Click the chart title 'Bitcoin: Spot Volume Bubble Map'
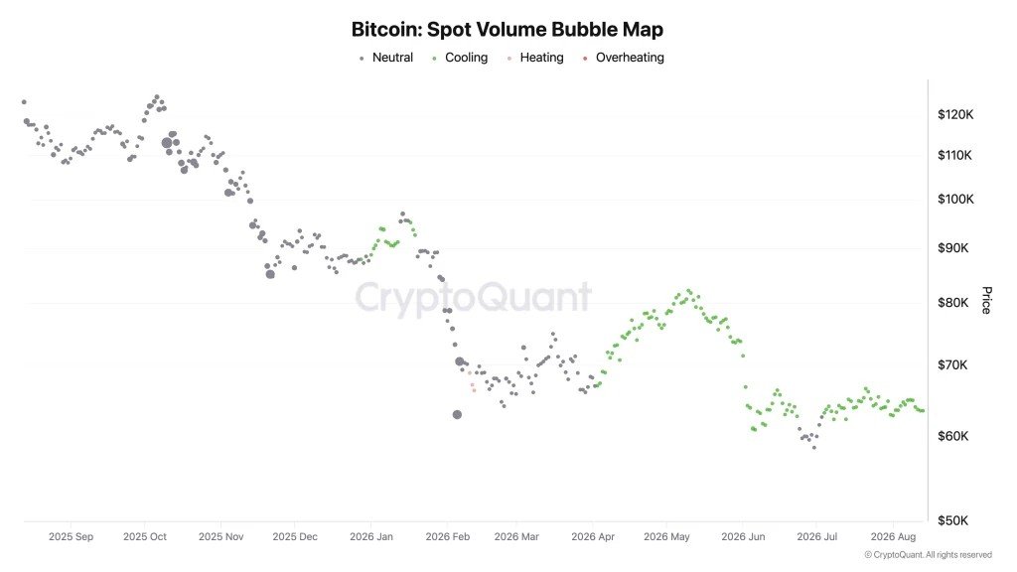point(508,29)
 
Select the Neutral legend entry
point(386,58)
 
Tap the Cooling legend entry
point(460,58)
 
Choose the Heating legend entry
point(535,58)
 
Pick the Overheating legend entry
point(624,58)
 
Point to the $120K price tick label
point(955,115)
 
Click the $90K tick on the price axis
point(952,248)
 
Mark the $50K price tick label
point(952,520)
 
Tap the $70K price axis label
point(952,365)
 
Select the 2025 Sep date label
point(71,537)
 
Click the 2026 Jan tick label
point(371,537)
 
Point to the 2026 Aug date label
point(893,537)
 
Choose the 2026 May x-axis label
point(666,537)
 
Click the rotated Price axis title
point(986,300)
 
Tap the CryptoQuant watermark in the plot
point(473,298)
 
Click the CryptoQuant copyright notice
point(929,555)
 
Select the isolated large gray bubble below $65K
point(457,414)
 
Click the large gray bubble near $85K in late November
point(270,274)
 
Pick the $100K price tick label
point(955,199)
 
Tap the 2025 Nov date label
point(221,537)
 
